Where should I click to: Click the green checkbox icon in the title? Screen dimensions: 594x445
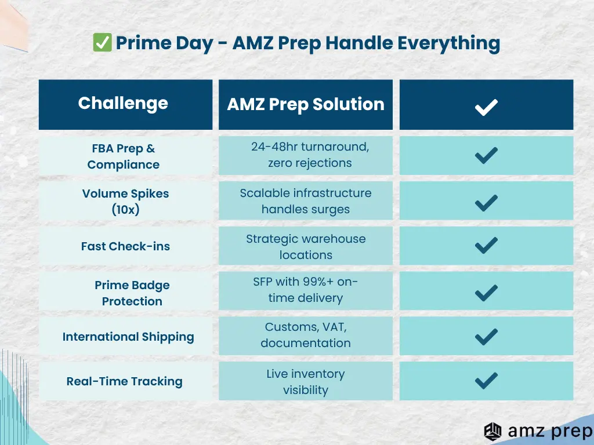pyautogui.click(x=102, y=42)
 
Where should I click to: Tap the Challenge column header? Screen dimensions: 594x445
pyautogui.click(x=125, y=104)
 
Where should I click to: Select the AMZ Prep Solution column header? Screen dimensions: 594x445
pyautogui.click(x=306, y=104)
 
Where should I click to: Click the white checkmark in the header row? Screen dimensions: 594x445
pyautogui.click(x=486, y=107)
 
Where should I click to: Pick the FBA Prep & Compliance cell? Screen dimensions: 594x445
pyautogui.click(x=125, y=156)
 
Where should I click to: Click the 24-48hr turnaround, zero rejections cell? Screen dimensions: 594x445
pyautogui.click(x=306, y=155)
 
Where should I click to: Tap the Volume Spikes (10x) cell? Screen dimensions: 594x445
pyautogui.click(x=125, y=201)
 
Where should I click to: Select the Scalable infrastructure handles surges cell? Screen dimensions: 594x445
pyautogui.click(x=306, y=201)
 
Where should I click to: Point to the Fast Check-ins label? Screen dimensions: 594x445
pyautogui.click(x=125, y=246)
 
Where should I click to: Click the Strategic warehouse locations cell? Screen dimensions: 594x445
pyautogui.click(x=306, y=246)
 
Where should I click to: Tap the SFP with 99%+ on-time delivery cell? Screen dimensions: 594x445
pyautogui.click(x=306, y=291)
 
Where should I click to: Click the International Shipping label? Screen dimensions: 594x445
pyautogui.click(x=128, y=337)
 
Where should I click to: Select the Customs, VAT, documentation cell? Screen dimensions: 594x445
pyautogui.click(x=306, y=336)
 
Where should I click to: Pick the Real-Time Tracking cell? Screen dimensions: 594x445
pyautogui.click(x=125, y=381)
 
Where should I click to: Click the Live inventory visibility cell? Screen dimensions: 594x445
pyautogui.click(x=306, y=381)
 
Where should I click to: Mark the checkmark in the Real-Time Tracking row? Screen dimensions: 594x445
pyautogui.click(x=486, y=381)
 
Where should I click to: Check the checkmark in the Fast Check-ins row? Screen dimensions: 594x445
pyautogui.click(x=486, y=246)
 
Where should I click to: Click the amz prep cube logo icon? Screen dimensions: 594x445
pyautogui.click(x=492, y=432)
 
